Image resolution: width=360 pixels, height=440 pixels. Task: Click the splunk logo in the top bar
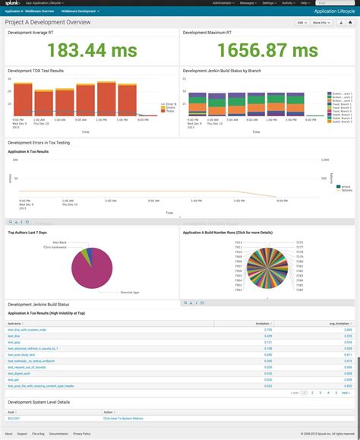13,3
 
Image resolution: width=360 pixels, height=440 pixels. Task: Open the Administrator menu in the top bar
224,3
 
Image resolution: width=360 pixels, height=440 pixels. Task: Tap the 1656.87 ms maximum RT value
267,50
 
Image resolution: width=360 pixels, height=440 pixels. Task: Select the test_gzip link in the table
14,343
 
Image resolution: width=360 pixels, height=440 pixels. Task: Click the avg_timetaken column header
342,323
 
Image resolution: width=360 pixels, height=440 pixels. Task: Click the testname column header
14,323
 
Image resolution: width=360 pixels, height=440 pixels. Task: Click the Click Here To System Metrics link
126,418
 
